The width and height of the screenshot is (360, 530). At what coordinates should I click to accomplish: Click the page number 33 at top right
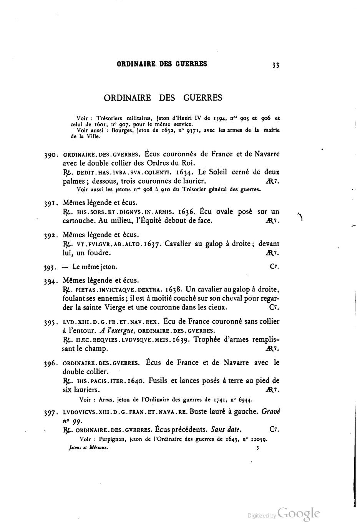[x=275, y=65]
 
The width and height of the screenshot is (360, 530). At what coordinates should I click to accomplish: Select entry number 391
[x=50, y=204]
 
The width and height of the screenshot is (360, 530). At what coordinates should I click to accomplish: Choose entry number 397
[x=50, y=413]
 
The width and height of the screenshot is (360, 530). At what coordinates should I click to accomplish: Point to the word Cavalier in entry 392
[x=178, y=244]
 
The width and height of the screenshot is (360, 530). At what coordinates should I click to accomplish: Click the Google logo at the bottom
[x=299, y=513]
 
